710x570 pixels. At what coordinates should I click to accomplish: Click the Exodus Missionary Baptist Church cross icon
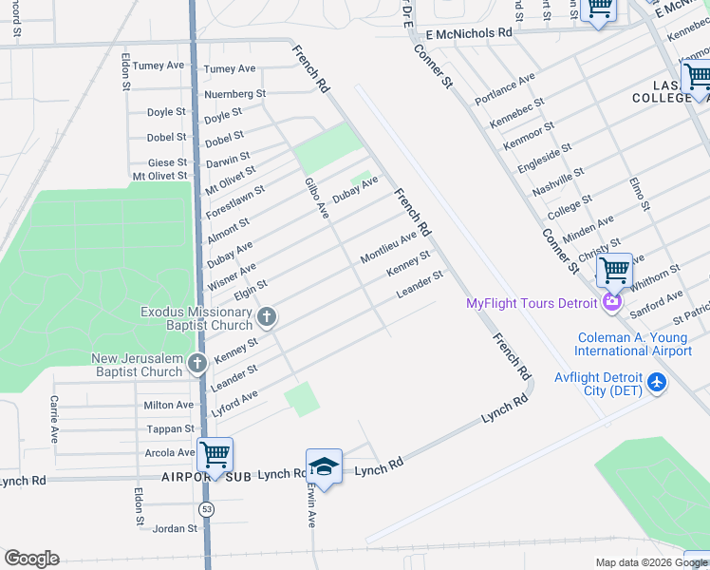coord(268,317)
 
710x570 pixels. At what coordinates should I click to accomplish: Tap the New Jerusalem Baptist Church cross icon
coord(196,364)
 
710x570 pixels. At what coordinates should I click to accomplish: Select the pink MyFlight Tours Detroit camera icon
coord(612,303)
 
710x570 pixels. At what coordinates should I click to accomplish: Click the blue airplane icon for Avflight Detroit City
coord(656,383)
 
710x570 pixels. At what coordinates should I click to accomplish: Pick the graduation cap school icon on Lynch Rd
coord(324,467)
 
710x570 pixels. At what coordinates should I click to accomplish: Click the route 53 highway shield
coord(207,509)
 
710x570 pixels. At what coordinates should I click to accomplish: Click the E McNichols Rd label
coord(469,32)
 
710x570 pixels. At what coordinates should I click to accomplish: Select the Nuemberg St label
coord(234,94)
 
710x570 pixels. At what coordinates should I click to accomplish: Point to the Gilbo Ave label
coord(316,199)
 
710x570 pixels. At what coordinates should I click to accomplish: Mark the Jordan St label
coord(175,528)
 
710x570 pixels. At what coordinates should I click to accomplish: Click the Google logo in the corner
coord(31,559)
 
